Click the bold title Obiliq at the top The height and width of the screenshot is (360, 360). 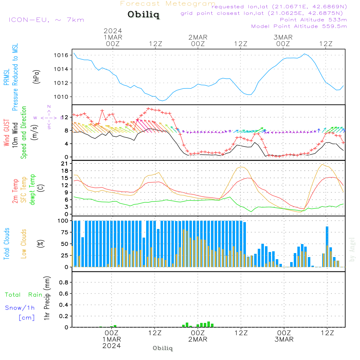click(143, 15)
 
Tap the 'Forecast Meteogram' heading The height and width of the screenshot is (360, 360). click(168, 4)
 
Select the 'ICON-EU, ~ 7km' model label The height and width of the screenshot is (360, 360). click(46, 19)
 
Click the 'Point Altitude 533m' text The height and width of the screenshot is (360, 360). click(313, 20)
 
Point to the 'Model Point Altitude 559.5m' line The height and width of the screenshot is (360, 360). click(299, 26)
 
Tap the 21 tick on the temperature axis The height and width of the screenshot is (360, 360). click(66, 163)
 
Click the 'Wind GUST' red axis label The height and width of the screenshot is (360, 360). click(6, 133)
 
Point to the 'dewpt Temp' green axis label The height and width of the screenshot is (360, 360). click(32, 190)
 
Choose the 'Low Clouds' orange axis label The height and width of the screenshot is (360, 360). click(24, 244)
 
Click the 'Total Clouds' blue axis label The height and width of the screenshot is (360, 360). click(6, 244)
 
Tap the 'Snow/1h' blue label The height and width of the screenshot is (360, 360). click(20, 308)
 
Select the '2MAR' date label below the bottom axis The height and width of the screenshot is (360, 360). click(198, 339)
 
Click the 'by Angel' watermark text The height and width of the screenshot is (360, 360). click(352, 249)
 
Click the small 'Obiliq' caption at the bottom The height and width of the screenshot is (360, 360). click(163, 348)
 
